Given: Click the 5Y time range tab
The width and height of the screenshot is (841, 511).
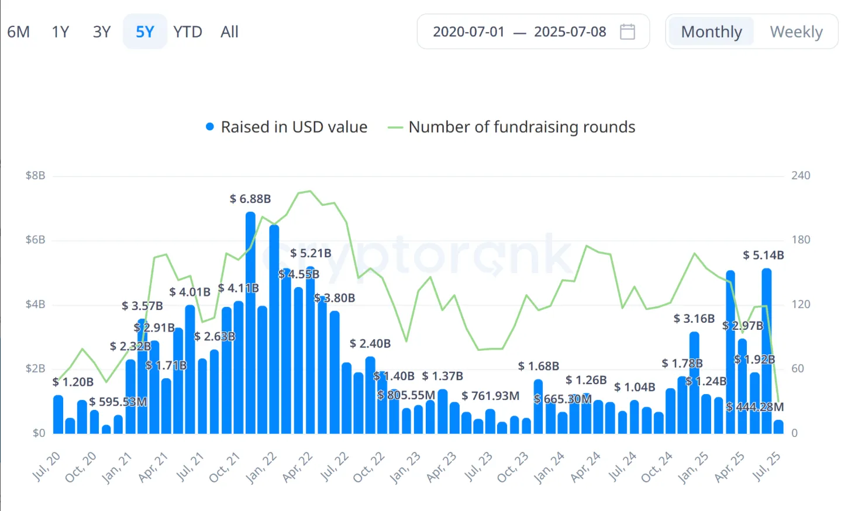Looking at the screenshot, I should coord(144,32).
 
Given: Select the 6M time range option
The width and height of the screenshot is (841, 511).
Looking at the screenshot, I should coord(18,32).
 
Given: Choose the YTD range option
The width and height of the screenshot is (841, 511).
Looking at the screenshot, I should coord(187,32).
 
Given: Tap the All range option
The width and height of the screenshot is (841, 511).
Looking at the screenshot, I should coord(229,32).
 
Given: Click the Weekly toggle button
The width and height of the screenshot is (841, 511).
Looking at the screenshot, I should coord(795,32).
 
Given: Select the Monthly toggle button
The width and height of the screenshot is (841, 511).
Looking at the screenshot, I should coord(711,32).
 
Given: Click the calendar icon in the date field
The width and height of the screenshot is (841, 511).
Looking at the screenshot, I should coord(627,32).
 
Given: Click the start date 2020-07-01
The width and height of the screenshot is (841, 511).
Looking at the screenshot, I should coord(468,32).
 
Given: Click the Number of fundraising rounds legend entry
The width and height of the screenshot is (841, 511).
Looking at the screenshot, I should coord(512,127).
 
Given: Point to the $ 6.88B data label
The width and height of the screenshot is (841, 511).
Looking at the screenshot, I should coord(250,199).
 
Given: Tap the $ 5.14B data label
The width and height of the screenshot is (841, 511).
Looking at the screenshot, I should coord(763,255).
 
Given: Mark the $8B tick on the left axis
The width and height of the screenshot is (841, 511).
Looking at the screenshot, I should coord(35,175).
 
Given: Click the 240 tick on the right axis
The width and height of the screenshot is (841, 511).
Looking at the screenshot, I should coord(801,175).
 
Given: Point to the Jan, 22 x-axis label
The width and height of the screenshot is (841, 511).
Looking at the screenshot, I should coord(261,468).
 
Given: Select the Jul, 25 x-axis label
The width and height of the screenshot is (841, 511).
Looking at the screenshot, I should coord(766,467).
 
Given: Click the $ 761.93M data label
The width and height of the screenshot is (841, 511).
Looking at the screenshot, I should coord(490,396).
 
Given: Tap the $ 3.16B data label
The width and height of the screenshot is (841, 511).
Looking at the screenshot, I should coord(694,319).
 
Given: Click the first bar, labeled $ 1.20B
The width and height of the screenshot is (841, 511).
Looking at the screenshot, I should coord(58,415).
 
